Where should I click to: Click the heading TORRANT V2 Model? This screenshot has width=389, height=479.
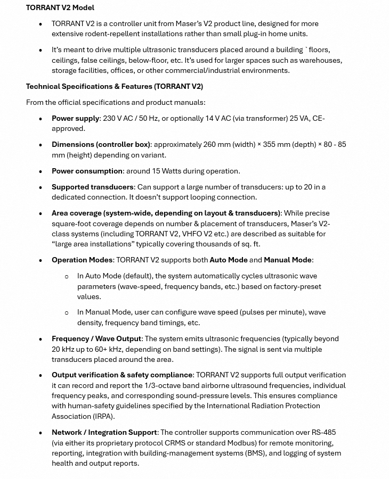60,7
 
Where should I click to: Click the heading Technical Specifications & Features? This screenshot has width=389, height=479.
114,86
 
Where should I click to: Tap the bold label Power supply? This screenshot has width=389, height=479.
75,118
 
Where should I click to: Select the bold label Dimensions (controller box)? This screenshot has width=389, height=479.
101,144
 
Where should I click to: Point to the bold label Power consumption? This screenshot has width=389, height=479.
87,171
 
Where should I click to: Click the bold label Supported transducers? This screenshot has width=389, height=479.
92,187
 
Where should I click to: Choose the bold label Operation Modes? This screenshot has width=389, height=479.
82,260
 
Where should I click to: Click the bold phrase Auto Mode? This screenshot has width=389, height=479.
228,260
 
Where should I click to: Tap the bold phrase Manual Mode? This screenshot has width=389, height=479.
287,260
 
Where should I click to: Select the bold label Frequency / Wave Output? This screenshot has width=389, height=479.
96,338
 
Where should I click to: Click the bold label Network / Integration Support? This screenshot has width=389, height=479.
104,432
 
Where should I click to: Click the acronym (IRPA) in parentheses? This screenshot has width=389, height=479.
103,416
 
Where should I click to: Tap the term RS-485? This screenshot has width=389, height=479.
323,432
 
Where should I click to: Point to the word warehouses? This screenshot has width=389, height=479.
320,60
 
